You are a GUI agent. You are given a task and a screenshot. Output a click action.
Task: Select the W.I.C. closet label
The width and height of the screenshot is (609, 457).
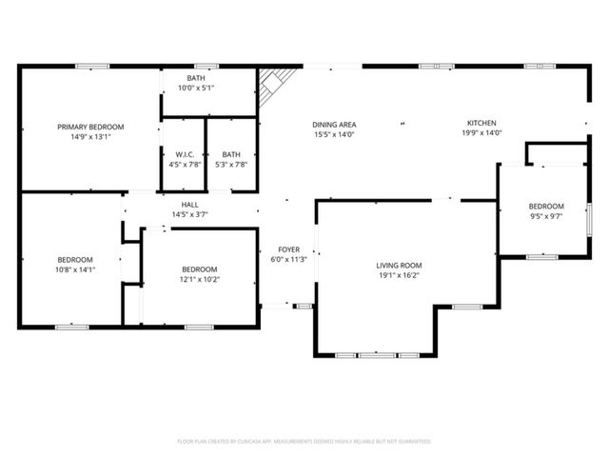[185, 154]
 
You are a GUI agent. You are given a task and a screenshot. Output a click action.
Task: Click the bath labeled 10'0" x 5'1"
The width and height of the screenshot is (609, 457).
[196, 78]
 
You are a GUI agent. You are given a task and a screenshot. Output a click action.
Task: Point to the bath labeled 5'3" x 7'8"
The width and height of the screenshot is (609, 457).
[231, 154]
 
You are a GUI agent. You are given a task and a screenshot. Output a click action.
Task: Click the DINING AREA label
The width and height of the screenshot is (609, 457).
[334, 125]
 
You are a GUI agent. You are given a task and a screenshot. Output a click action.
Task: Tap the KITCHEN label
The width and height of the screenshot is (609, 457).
[481, 124]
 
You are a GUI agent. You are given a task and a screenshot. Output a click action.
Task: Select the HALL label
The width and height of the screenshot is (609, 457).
[189, 205]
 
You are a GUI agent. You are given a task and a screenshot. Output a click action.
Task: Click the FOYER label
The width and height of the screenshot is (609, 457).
[288, 249]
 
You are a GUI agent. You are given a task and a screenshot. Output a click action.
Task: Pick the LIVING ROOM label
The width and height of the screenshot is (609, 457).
[399, 266]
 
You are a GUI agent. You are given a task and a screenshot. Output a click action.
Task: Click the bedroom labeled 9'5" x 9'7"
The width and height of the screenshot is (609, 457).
[546, 207]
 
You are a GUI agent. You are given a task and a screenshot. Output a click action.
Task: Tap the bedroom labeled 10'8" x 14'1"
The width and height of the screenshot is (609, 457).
[75, 260]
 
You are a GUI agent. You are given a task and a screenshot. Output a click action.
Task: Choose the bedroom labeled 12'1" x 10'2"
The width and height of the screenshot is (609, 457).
[200, 269]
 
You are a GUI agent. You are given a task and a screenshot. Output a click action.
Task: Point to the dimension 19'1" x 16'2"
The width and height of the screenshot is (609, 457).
[399, 275]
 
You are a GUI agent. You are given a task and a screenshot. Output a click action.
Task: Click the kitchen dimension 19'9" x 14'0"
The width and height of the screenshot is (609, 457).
[481, 134]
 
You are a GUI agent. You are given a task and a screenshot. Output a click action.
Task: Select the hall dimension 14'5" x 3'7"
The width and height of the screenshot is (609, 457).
[189, 214]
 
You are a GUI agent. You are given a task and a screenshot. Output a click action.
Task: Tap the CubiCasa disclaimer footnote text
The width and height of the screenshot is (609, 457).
[304, 441]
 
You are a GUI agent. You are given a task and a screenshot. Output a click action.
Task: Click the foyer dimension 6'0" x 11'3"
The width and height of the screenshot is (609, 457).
[288, 259]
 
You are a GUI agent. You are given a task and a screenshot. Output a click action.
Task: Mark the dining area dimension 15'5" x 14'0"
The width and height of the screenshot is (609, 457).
[334, 134]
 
